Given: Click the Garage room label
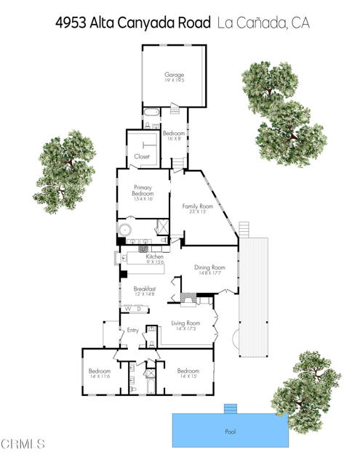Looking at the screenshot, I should pos(174,75).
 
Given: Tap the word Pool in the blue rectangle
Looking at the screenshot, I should pos(230,432).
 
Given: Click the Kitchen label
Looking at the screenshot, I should pos(154,256).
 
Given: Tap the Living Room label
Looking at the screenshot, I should pos(185,323).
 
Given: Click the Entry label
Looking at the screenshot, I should pos(133,331).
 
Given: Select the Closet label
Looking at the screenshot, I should pos(142,157).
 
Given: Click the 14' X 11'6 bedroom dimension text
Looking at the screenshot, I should pos(99,376).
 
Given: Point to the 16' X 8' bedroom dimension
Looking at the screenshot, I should pos(173,138).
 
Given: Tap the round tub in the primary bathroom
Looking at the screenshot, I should pos(124,230).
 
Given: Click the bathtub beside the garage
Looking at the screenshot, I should pos(150,113).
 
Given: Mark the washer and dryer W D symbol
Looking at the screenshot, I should pos(133,309).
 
